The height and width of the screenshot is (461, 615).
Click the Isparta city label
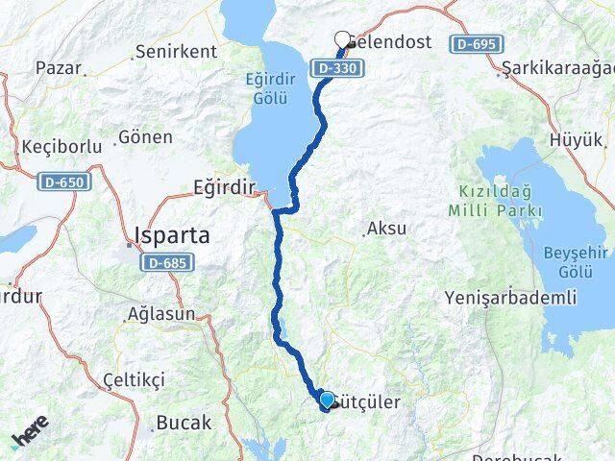point(175,235)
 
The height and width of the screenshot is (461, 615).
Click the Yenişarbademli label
point(510,299)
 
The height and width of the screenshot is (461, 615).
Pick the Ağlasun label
point(161,314)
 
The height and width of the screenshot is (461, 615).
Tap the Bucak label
point(183,423)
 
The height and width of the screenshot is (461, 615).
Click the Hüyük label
point(576,140)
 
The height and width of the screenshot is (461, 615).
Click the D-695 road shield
point(478,44)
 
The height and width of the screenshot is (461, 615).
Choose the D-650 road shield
point(62,181)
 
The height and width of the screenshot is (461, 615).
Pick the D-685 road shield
point(170,261)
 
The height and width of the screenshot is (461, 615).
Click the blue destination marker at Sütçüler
point(327,400)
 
